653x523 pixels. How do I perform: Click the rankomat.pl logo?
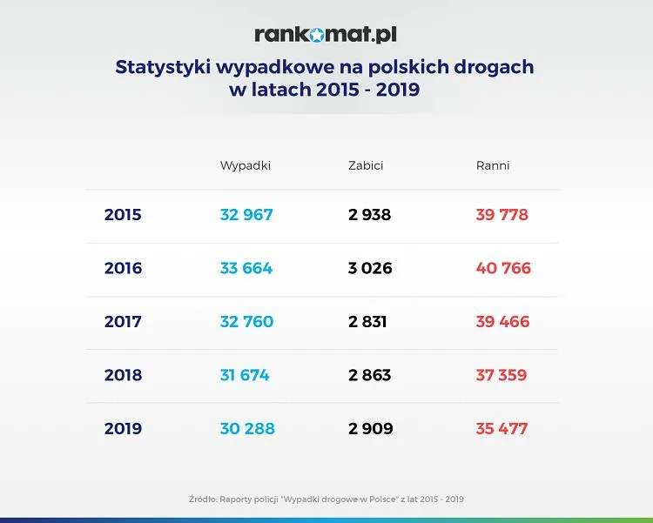point(326,35)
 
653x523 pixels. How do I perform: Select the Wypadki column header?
point(246,165)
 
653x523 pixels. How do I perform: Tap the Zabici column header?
point(366,165)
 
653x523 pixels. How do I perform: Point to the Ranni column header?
point(493,165)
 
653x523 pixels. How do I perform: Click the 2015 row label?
point(123,215)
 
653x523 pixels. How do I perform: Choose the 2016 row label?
point(123,268)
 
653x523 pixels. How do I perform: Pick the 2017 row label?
point(123,322)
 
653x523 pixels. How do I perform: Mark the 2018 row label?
point(123,375)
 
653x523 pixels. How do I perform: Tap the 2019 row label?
point(123,429)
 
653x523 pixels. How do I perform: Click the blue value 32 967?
point(246,215)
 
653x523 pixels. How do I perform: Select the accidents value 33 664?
point(246,268)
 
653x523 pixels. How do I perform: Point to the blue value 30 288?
point(247,429)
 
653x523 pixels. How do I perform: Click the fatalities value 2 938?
point(370,215)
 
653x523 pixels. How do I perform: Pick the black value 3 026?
point(370,268)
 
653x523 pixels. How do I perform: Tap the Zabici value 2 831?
point(367,322)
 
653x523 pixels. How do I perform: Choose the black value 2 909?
point(371,429)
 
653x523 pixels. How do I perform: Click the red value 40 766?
point(503,268)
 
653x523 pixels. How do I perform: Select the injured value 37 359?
point(502,375)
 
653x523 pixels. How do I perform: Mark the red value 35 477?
point(502,429)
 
